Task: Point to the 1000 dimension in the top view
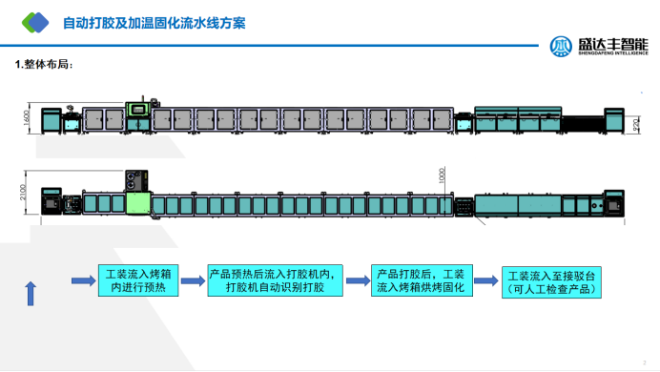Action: pos(442,176)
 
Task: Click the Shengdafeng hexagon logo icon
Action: pos(562,47)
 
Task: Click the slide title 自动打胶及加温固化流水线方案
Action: pos(154,21)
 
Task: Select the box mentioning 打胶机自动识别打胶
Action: pos(274,280)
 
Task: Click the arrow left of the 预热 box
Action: pos(84,280)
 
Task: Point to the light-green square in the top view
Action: pos(138,203)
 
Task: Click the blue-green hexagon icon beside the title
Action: pos(35,21)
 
